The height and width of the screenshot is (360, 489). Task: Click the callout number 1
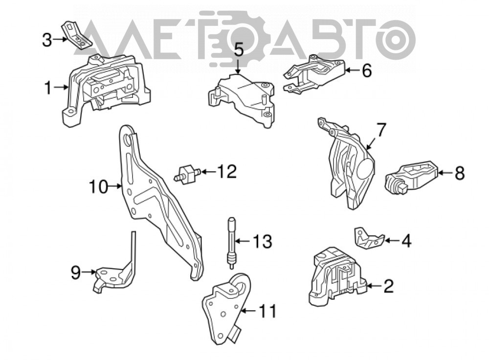[x=48, y=88]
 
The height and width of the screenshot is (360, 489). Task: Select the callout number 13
[x=262, y=241]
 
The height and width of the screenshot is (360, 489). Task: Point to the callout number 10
[x=98, y=187]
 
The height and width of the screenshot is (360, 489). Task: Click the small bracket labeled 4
[x=369, y=238]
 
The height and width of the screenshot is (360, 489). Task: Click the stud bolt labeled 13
[x=232, y=243]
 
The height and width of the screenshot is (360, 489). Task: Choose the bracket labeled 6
[x=314, y=74]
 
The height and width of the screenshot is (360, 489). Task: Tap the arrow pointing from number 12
[x=208, y=171]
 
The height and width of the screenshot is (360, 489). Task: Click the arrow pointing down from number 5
[x=238, y=67]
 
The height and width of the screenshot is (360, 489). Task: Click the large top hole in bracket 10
[x=127, y=140]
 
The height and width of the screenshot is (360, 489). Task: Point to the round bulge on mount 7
[x=365, y=168]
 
